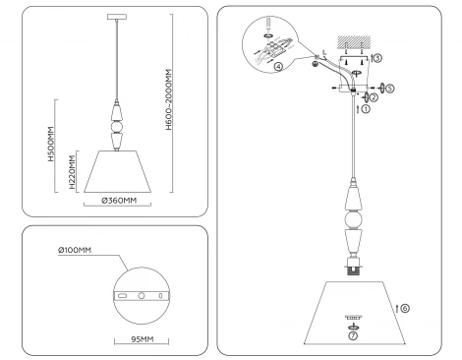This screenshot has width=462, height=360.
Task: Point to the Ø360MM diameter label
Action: pyautogui.click(x=119, y=201)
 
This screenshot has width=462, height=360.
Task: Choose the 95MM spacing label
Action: pyautogui.click(x=144, y=339)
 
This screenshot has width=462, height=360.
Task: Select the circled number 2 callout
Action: pyautogui.click(x=374, y=96)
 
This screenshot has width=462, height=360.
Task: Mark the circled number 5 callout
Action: pyautogui.click(x=390, y=89)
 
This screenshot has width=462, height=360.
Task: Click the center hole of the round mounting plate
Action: pyautogui.click(x=141, y=296)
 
